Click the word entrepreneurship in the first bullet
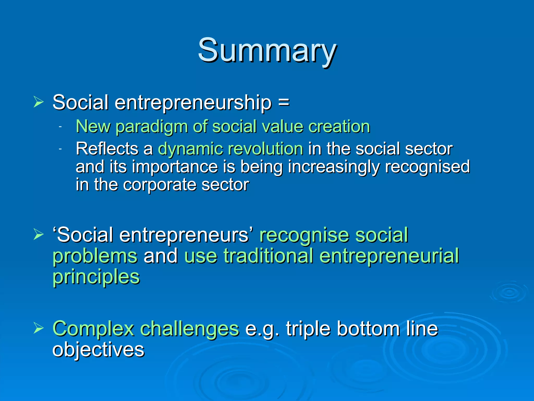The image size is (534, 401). click(x=193, y=103)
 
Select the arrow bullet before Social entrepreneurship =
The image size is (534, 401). click(x=39, y=102)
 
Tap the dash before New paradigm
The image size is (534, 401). click(x=60, y=127)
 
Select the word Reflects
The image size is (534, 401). click(x=107, y=149)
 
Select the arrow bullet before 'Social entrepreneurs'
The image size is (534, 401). click(x=39, y=234)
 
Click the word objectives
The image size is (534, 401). click(x=98, y=350)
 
